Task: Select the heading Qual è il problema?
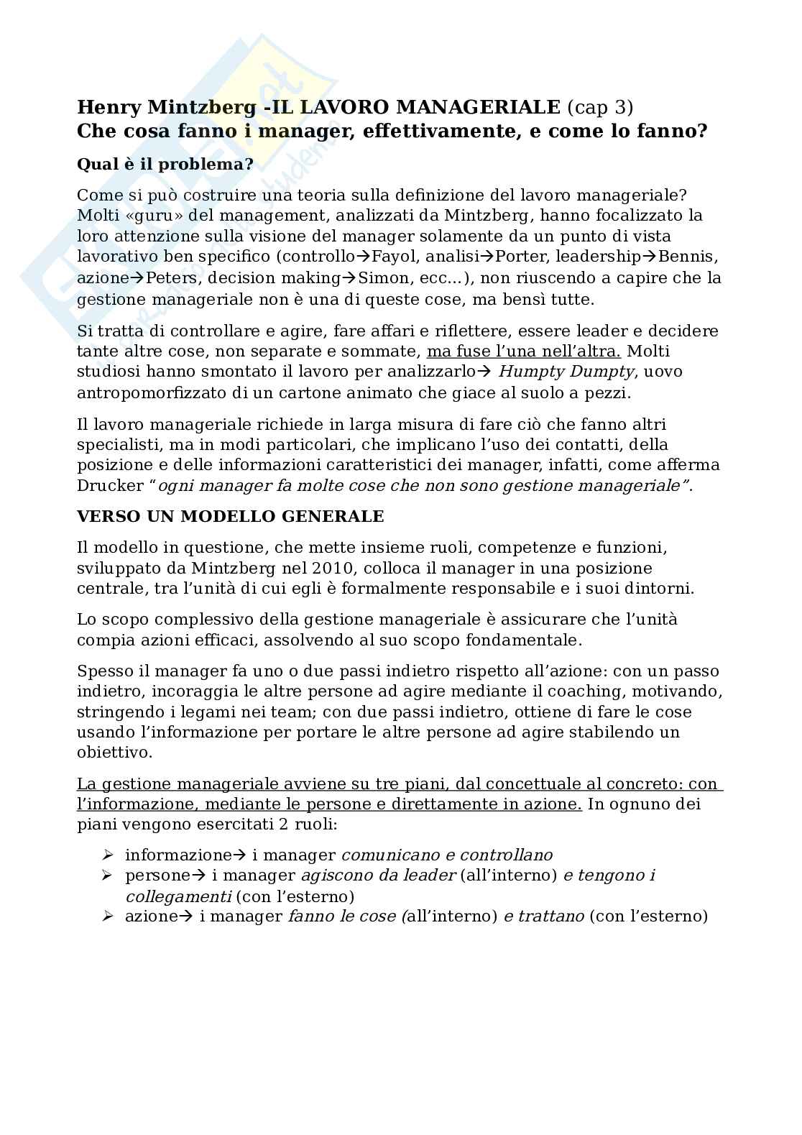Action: click(165, 165)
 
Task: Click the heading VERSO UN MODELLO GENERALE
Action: click(230, 517)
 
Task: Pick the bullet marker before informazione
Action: click(108, 855)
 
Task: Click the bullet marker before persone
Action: click(108, 876)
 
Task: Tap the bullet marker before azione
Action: click(108, 916)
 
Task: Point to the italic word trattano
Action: click(549, 916)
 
